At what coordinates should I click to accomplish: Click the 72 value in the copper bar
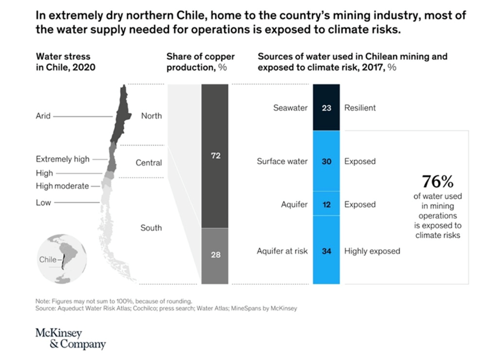[215, 156]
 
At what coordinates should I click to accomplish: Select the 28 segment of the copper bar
[215, 254]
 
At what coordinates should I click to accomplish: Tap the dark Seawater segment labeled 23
[326, 108]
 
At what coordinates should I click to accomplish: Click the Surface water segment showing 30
[326, 161]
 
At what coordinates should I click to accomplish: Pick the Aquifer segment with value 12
[326, 205]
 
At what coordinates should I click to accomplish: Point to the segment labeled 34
[326, 251]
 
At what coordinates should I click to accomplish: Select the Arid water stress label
[43, 116]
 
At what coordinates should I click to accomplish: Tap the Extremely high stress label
[62, 159]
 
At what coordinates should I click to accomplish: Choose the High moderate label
[62, 186]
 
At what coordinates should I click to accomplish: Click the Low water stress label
[43, 202]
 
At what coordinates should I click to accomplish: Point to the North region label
[151, 116]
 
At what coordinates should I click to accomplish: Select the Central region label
[149, 162]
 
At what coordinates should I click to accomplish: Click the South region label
[151, 228]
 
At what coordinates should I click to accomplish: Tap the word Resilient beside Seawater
[360, 108]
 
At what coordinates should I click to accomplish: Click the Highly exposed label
[372, 251]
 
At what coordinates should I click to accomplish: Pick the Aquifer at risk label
[282, 251]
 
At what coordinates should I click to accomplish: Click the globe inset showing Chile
[61, 259]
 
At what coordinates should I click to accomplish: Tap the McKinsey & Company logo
[70, 338]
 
